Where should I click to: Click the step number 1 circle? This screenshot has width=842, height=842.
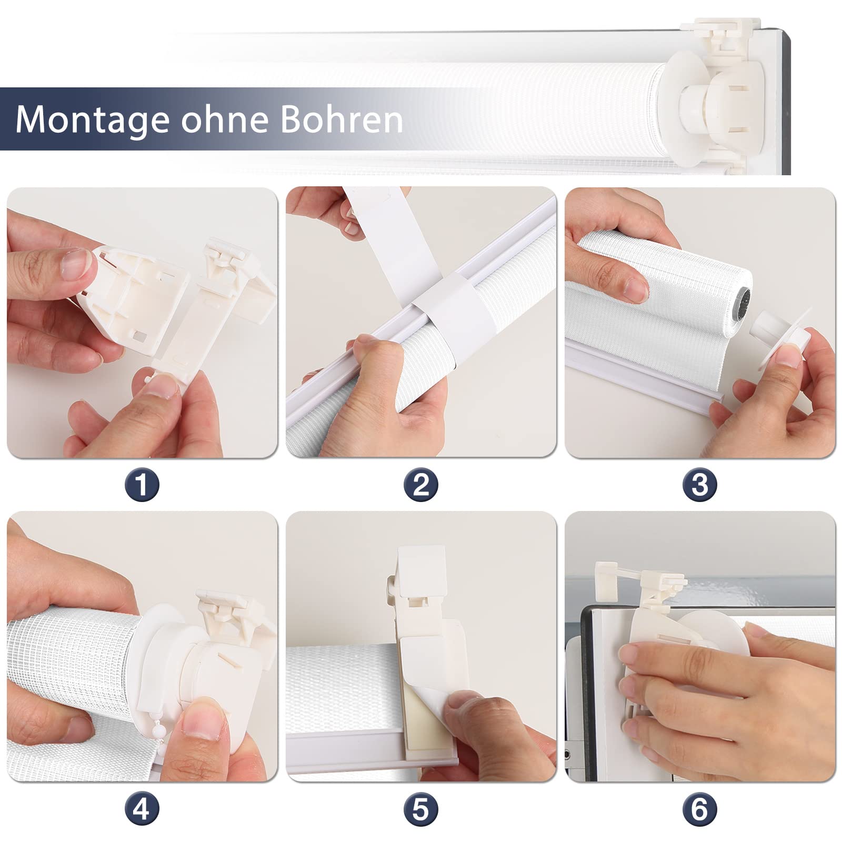pyautogui.click(x=142, y=485)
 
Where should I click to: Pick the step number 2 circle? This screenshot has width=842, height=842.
pyautogui.click(x=421, y=485)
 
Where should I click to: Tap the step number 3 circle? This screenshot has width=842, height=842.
pyautogui.click(x=700, y=485)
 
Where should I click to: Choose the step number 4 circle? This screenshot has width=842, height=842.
pyautogui.click(x=142, y=809)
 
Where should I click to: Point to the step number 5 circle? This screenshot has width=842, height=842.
pyautogui.click(x=421, y=809)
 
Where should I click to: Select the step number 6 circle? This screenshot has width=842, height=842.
pyautogui.click(x=700, y=809)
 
